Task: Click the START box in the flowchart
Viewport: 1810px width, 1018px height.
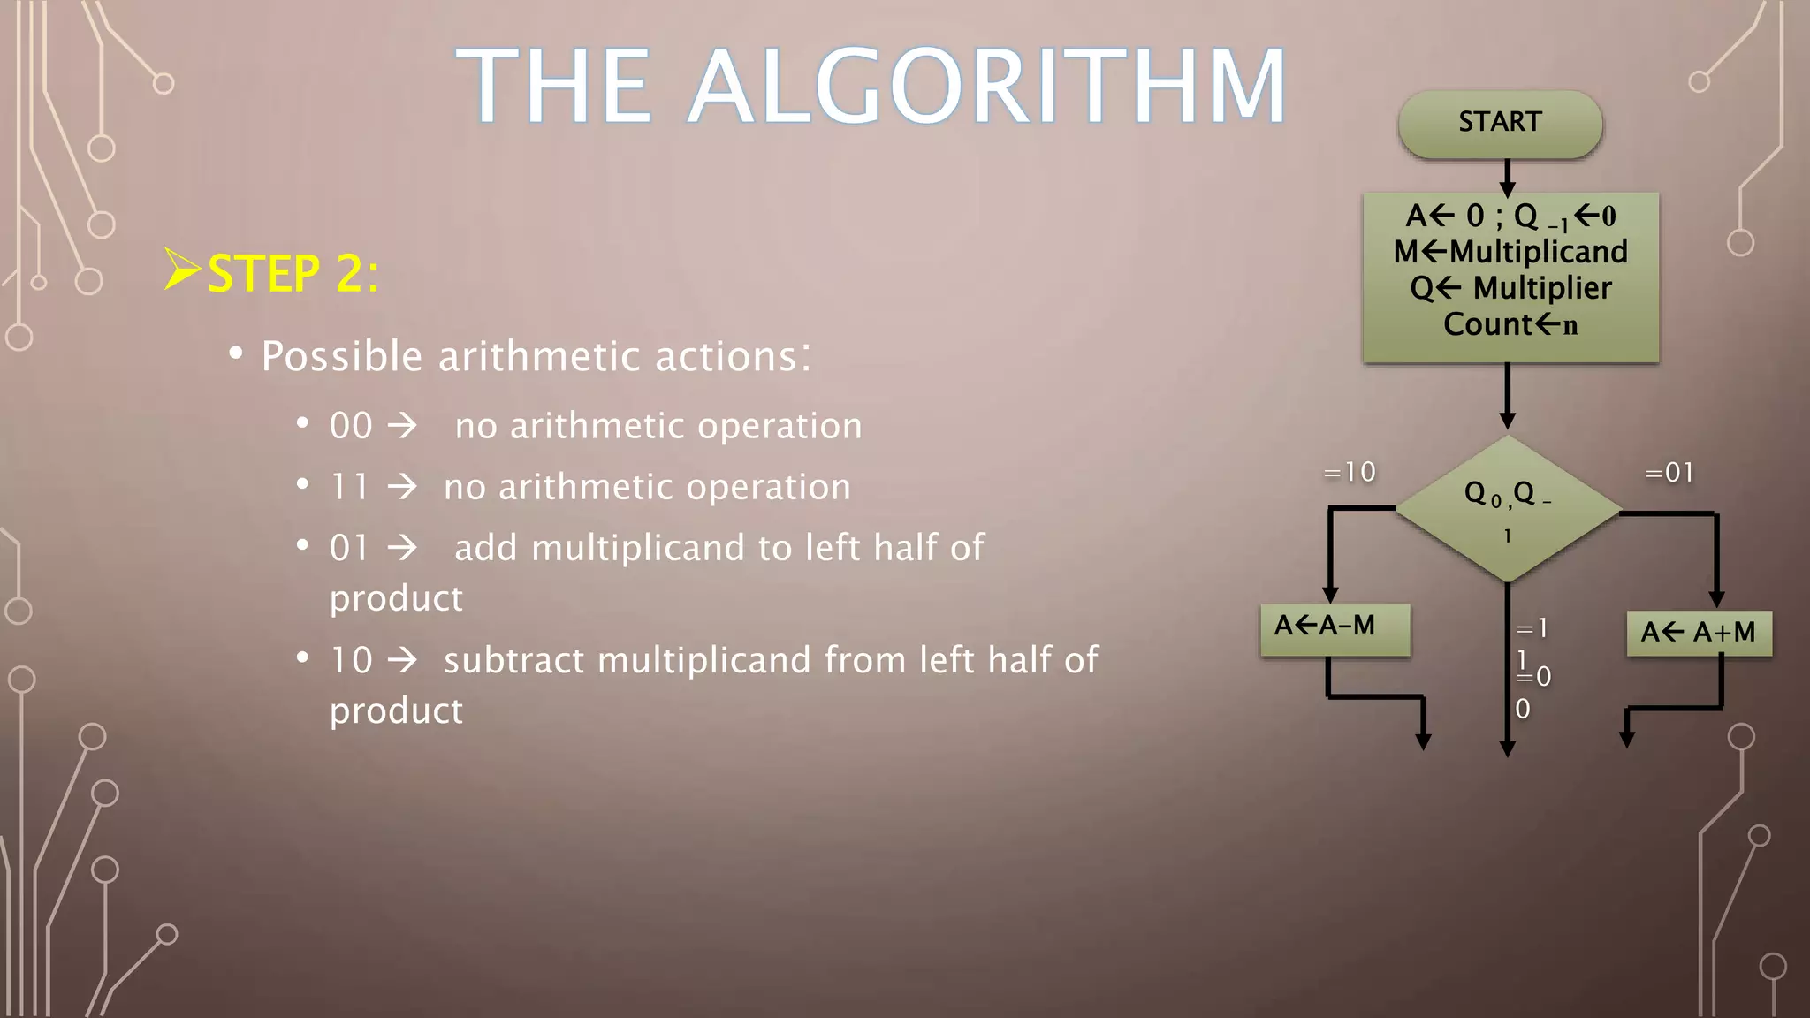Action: (x=1500, y=123)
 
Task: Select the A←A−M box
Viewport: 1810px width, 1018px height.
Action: (x=1335, y=628)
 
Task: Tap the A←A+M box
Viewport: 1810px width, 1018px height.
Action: (x=1699, y=633)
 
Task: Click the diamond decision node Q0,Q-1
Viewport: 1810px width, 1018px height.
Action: (x=1508, y=510)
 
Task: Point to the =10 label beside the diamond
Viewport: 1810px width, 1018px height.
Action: (x=1350, y=473)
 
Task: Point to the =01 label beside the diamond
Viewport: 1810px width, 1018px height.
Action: (x=1669, y=473)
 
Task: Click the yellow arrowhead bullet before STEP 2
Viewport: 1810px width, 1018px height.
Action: (x=182, y=270)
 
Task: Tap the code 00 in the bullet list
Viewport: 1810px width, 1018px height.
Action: (x=351, y=426)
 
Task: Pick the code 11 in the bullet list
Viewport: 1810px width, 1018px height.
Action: (x=349, y=487)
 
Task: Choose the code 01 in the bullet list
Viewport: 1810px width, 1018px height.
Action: (x=349, y=548)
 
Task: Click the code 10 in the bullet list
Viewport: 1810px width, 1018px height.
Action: (x=351, y=660)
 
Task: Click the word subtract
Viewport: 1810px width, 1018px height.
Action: (x=513, y=660)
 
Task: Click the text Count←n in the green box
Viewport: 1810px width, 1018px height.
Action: (x=1510, y=324)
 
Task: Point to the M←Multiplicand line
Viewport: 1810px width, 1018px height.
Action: (x=1510, y=252)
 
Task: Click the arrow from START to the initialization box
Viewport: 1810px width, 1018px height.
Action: (x=1508, y=177)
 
